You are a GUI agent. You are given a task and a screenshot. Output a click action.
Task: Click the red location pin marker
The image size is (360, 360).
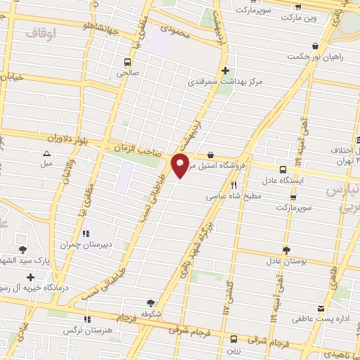180,166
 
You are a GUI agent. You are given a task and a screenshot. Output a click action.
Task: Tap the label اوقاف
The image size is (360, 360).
41,32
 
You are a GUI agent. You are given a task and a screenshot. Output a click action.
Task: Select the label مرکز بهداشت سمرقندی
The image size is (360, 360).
224,82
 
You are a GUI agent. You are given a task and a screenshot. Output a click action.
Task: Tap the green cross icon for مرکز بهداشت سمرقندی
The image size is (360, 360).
225,70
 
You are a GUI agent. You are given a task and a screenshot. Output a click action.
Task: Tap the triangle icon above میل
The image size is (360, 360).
47,153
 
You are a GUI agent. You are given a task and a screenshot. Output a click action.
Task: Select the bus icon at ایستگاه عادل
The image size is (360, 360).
283,169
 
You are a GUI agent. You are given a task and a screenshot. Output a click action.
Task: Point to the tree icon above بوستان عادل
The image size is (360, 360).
285,250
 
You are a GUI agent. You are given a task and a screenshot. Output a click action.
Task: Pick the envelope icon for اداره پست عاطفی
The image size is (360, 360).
321,309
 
